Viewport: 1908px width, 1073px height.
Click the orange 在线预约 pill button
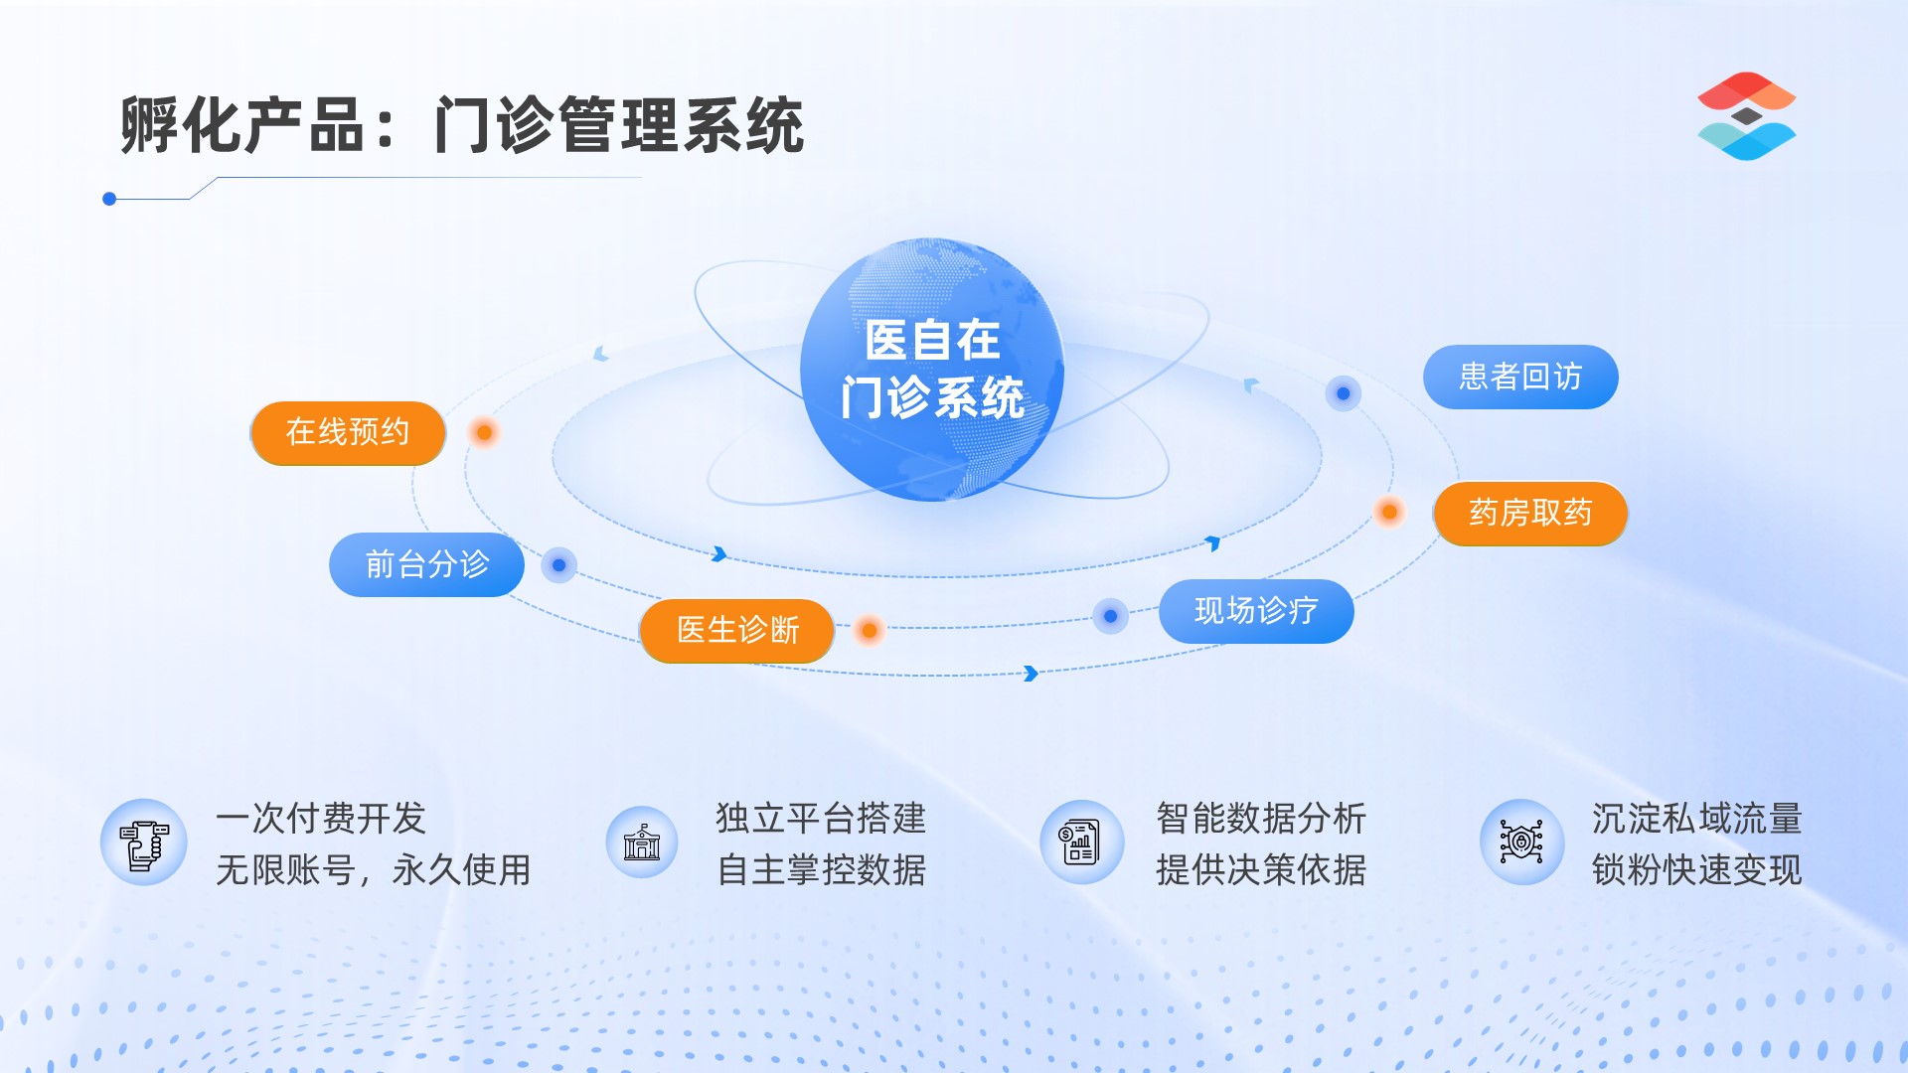pos(348,432)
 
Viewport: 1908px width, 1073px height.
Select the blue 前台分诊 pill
pos(426,564)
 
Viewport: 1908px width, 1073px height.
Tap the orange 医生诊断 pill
pos(737,630)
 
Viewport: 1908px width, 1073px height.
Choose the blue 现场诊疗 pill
pos(1256,611)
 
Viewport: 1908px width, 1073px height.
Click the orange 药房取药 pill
pos(1530,513)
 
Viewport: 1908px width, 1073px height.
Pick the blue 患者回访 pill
pos(1520,377)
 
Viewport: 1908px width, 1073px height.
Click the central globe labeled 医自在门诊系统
pos(932,370)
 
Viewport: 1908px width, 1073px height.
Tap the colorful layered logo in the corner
pos(1746,116)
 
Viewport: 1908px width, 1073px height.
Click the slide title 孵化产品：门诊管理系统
pos(462,125)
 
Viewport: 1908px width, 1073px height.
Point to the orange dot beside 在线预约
pos(484,432)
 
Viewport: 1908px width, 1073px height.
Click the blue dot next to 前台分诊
pos(558,565)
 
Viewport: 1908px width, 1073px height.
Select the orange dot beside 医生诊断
pos(870,630)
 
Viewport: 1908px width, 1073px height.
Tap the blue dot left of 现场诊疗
pos(1110,616)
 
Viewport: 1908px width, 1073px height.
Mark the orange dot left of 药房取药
pos(1389,512)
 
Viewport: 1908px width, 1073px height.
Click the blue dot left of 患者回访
pos(1343,393)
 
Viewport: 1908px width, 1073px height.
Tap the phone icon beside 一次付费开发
pos(144,843)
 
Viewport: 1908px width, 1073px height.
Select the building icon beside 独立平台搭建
pos(642,843)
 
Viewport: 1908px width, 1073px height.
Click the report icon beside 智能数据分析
pos(1081,843)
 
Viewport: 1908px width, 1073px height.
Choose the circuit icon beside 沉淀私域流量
pos(1521,843)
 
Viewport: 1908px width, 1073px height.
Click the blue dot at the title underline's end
pos(109,199)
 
